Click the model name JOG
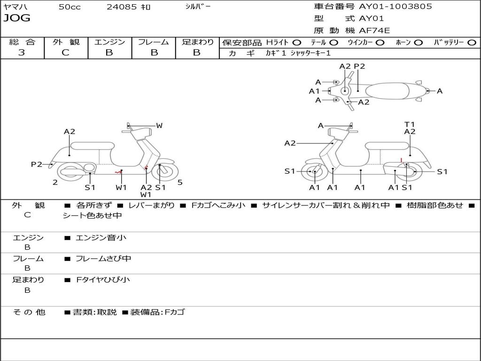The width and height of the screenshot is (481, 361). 17,18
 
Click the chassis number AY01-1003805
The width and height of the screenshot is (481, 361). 396,7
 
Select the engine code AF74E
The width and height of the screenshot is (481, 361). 374,31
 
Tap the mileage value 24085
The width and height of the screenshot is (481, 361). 122,7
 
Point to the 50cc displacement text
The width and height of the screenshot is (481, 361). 70,7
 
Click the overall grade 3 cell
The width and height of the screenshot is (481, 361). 22,53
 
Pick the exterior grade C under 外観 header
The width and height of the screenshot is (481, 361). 66,53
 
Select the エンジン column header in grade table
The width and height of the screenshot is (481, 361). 109,42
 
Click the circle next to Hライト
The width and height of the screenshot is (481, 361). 297,42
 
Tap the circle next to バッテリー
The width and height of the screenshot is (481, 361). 472,42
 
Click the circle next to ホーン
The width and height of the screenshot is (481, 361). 418,42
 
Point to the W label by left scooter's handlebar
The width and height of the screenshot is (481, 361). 159,126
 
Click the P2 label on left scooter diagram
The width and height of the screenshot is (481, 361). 37,164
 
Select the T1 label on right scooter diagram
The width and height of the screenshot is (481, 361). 410,124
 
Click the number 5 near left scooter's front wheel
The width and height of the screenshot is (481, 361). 180,182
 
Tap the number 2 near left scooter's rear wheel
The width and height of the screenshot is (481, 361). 55,182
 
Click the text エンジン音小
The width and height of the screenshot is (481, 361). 101,238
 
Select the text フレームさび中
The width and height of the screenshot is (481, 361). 103,259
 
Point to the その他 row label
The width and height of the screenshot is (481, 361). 29,312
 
